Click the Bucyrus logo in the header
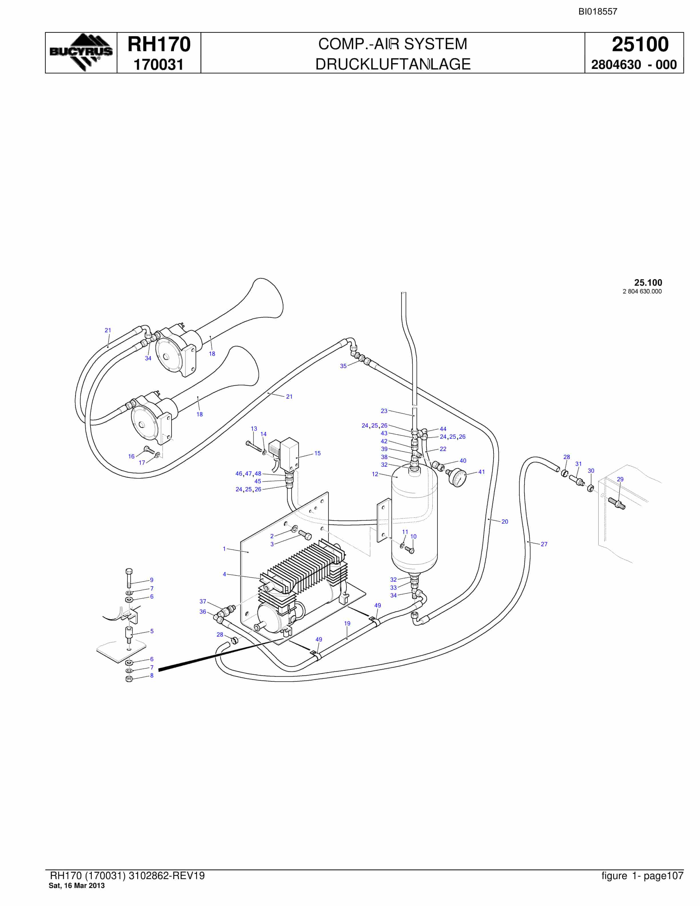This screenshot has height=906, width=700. pos(81,52)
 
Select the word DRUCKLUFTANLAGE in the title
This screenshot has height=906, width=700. pos(393,64)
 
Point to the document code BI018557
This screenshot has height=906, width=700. pos(598,12)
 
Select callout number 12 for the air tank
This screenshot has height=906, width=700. pos(375,474)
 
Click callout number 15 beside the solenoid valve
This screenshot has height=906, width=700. pos(317,453)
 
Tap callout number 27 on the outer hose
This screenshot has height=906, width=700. pos(544,544)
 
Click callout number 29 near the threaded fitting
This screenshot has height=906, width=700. pos(620,479)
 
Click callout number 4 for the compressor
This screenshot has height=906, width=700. pos(224,574)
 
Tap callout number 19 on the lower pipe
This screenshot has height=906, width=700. pos(347,623)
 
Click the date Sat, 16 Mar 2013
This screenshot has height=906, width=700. pos(77,886)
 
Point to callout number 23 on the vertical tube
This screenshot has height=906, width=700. pos(384,411)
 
